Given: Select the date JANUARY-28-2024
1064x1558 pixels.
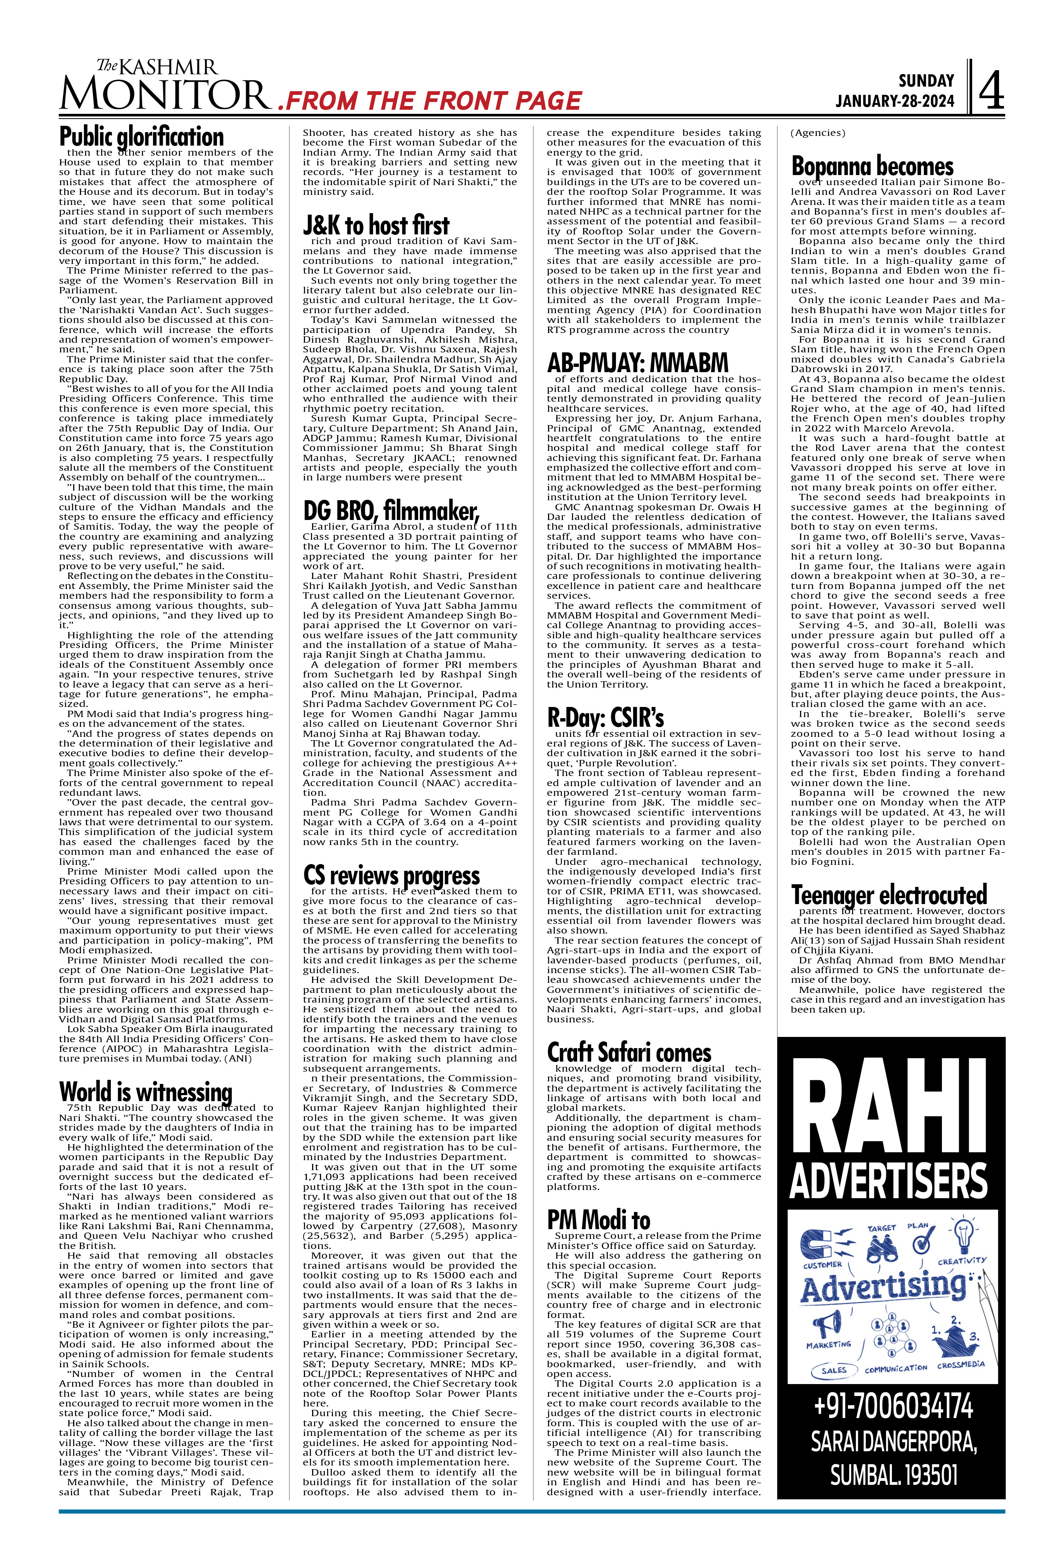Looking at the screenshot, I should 895,102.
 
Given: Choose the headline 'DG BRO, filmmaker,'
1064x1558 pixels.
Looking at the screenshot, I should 392,511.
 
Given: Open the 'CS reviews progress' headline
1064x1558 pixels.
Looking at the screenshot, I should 392,876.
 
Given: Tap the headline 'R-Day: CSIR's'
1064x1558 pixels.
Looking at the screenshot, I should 606,718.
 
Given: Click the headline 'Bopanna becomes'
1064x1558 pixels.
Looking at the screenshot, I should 872,166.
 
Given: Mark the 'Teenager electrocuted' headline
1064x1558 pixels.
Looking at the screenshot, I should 889,895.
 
